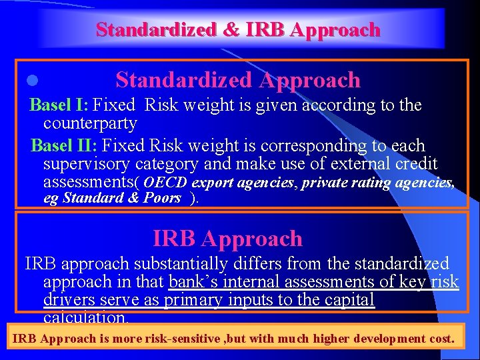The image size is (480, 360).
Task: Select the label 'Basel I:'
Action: click(59, 105)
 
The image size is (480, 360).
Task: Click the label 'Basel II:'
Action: click(65, 145)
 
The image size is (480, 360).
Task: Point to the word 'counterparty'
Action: click(90, 123)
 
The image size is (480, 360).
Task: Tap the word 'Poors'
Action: click(162, 198)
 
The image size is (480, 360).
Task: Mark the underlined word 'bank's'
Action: click(193, 282)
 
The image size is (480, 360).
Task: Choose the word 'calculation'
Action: click(85, 317)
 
